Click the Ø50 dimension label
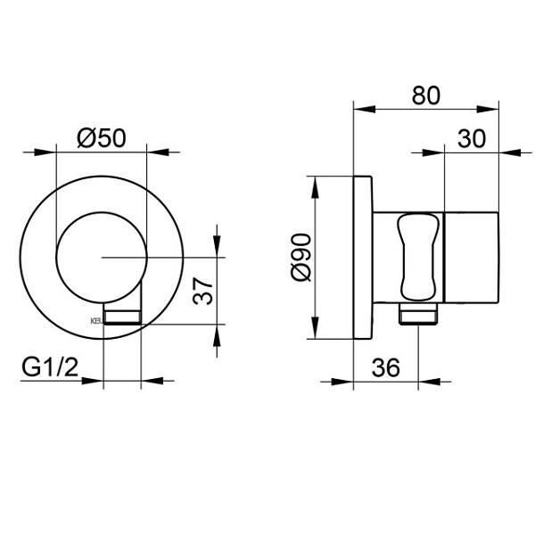[100, 138]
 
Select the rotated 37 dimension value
[204, 290]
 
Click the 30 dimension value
[471, 138]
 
